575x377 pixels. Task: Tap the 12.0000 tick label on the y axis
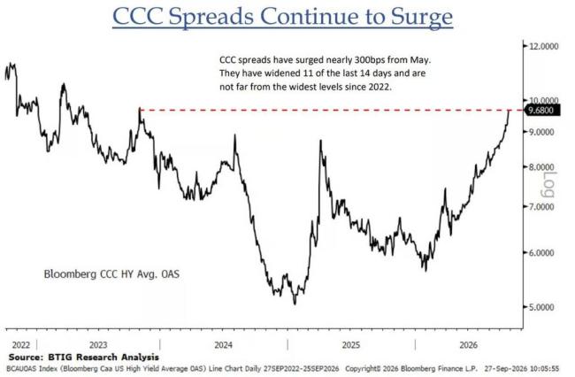544,46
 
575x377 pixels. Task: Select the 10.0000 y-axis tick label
544,100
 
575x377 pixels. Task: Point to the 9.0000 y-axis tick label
542,132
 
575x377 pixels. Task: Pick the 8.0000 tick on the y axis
542,167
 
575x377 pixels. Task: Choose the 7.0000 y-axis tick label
542,207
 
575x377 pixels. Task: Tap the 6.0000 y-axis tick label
542,253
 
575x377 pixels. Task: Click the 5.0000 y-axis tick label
542,307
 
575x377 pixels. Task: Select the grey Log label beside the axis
549,184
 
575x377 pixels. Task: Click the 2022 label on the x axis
21,345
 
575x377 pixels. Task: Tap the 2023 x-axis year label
98,345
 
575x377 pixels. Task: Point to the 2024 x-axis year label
223,345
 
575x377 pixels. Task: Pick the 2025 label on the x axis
351,345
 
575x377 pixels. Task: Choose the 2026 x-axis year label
469,345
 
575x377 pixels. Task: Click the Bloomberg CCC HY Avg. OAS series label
111,274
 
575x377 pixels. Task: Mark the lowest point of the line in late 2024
295,304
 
